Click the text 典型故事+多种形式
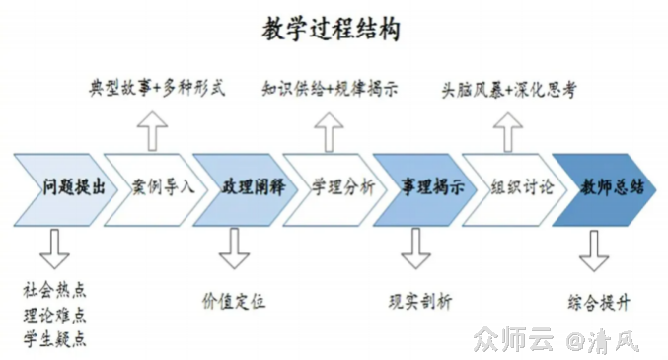coord(157,89)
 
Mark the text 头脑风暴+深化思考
coord(508,89)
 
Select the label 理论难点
coord(54,315)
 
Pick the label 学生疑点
coord(54,339)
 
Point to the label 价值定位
coord(234,301)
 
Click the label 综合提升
coord(599,301)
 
